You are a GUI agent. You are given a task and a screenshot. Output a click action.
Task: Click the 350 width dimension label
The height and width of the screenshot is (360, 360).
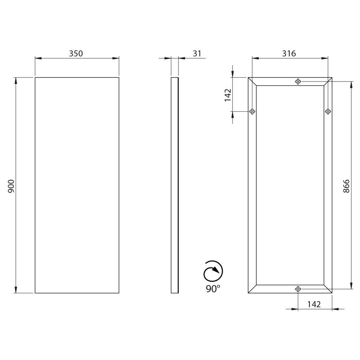pyautogui.click(x=76, y=53)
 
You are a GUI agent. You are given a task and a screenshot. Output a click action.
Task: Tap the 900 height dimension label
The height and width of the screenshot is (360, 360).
pyautogui.click(x=11, y=186)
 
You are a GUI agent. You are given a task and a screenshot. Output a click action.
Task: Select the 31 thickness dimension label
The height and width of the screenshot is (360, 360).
pyautogui.click(x=197, y=53)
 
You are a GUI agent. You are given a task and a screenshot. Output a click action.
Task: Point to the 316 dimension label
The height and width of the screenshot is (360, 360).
pyautogui.click(x=289, y=53)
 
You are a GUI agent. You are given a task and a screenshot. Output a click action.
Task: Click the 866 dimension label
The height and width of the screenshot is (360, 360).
pyautogui.click(x=346, y=186)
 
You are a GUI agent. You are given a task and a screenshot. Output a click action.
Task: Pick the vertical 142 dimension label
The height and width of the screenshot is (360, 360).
pyautogui.click(x=228, y=95)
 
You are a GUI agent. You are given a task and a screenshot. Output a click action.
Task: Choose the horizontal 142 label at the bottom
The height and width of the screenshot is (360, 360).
pyautogui.click(x=314, y=304)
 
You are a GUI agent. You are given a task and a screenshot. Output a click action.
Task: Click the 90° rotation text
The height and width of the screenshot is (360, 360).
pyautogui.click(x=213, y=289)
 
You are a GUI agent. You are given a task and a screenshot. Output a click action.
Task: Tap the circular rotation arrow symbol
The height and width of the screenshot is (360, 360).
pyautogui.click(x=213, y=271)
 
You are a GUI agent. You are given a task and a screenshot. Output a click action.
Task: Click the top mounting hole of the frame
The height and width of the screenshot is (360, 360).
pyautogui.click(x=298, y=81)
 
